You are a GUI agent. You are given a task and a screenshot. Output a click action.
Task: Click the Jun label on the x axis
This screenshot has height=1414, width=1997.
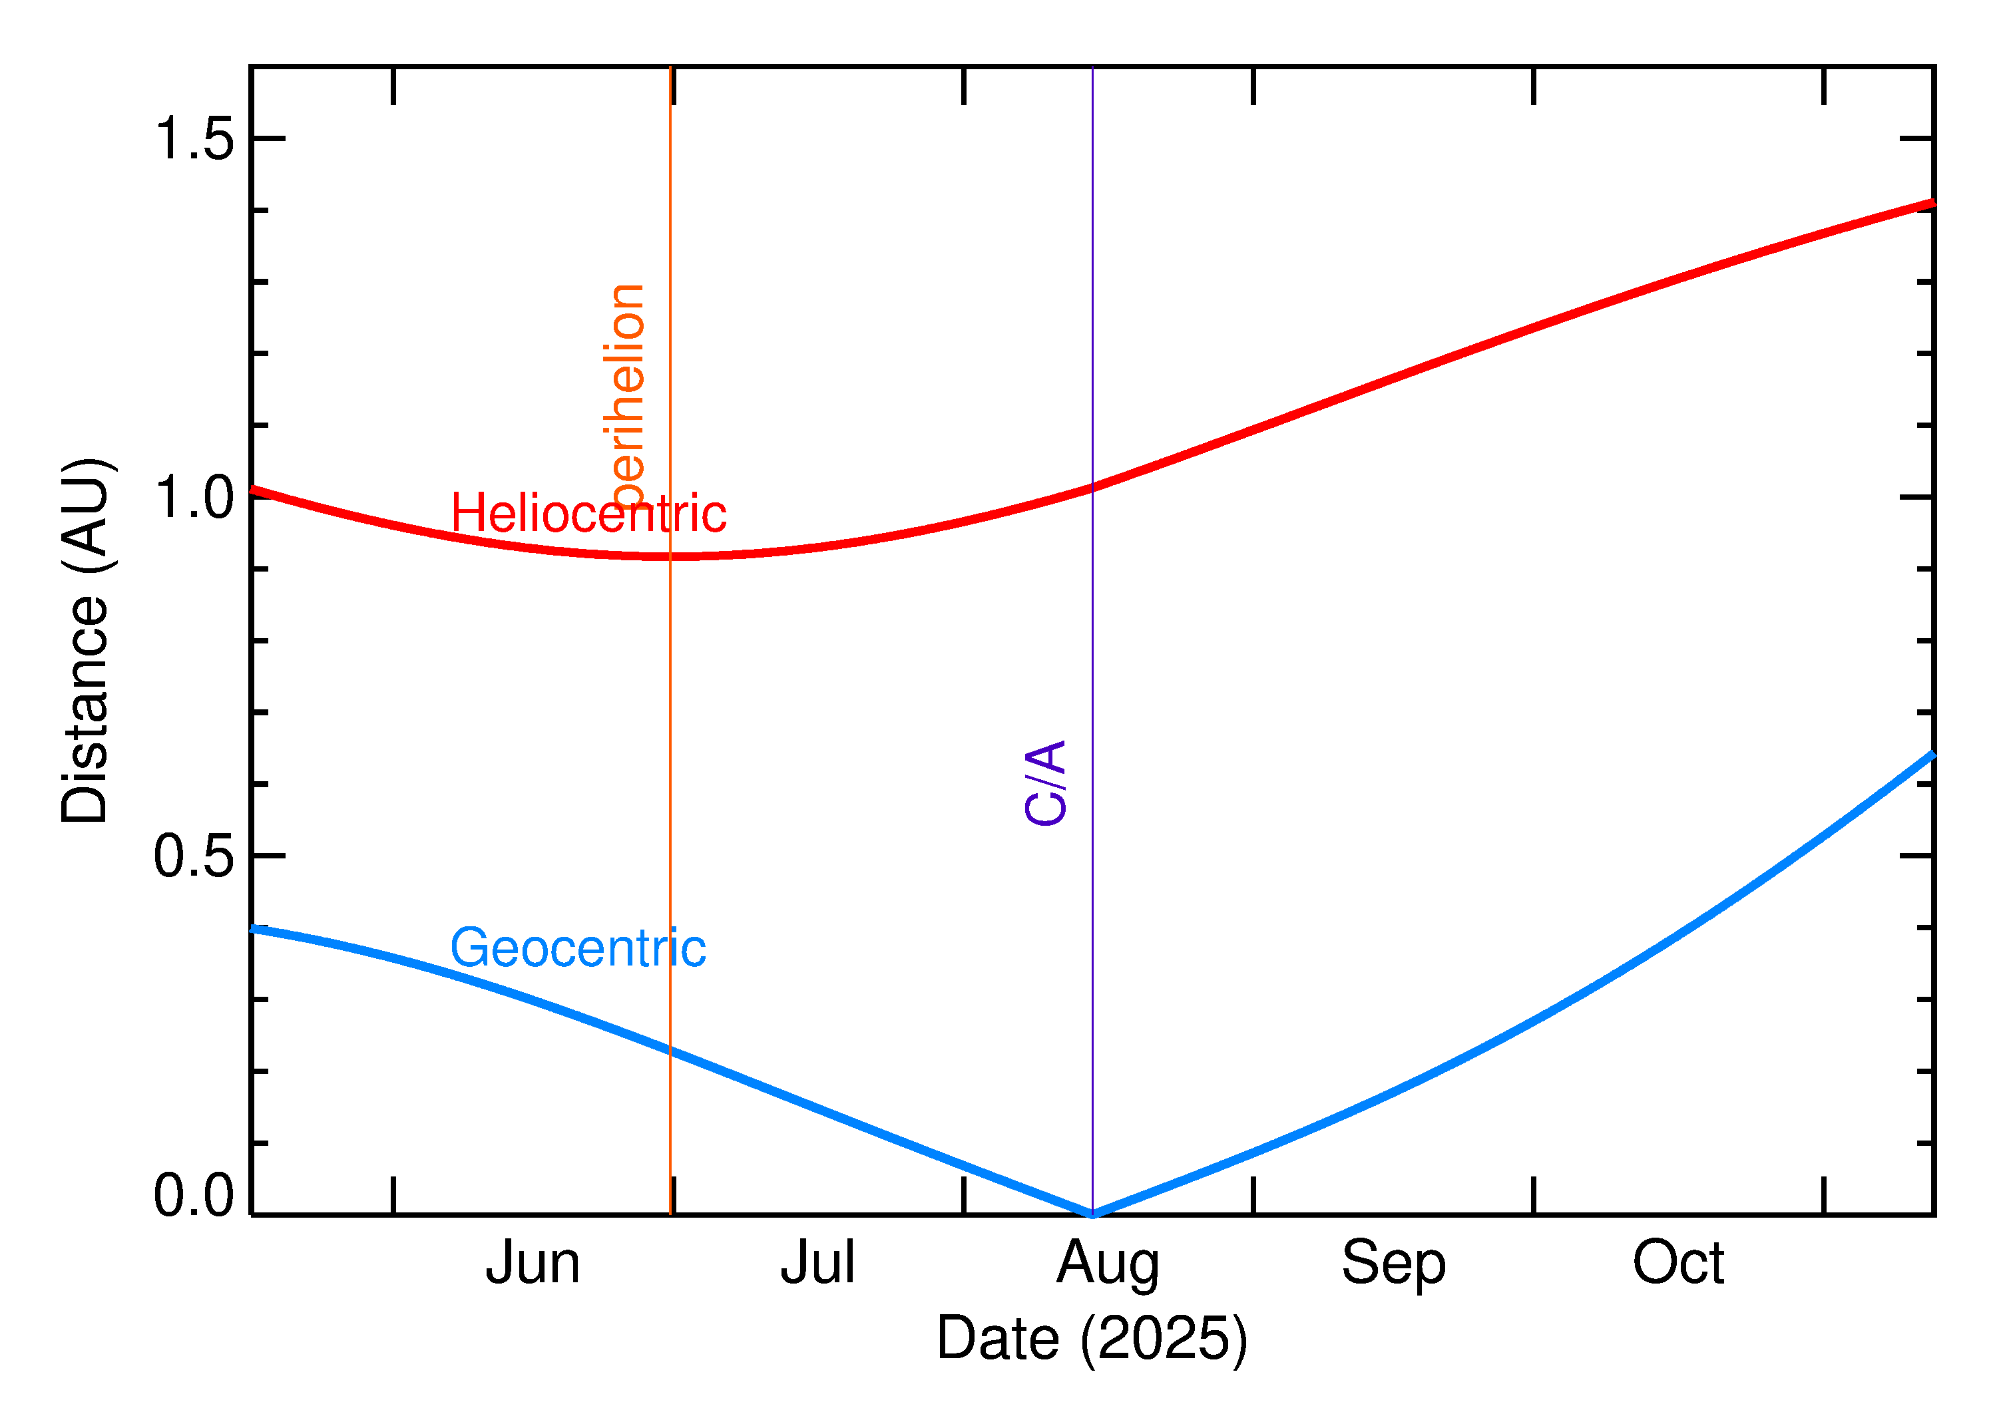click(532, 1264)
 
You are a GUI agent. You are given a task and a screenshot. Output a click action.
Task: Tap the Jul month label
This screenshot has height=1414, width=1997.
click(817, 1264)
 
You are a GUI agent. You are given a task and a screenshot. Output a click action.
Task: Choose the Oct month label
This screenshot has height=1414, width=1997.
click(1677, 1264)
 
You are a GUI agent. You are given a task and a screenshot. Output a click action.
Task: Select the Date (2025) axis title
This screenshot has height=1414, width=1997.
click(1091, 1338)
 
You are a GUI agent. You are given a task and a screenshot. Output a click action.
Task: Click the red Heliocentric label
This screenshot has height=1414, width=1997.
click(588, 513)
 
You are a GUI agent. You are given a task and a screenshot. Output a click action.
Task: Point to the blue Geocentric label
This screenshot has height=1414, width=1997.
click(577, 948)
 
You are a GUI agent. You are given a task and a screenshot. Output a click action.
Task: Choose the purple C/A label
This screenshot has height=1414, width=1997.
click(1045, 783)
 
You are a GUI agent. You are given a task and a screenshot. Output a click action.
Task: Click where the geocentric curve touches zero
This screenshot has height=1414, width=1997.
click(1092, 1214)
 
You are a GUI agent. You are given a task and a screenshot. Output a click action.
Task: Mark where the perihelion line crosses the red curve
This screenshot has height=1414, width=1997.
click(670, 556)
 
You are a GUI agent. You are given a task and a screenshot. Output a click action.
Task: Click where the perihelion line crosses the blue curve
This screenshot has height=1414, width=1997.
click(670, 1051)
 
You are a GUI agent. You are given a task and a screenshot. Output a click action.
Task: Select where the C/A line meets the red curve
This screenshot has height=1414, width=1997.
click(1092, 488)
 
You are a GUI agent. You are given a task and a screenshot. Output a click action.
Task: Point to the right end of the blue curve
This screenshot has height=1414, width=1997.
click(1932, 755)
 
